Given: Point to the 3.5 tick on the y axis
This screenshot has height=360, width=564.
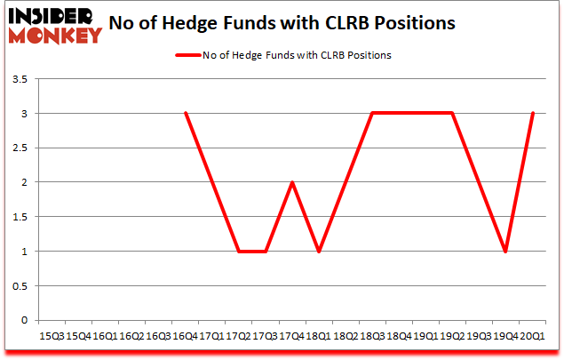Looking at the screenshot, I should click(x=20, y=80).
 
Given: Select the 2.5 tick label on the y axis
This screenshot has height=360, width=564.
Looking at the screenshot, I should click(x=20, y=148).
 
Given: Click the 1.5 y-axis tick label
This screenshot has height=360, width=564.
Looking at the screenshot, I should click(x=20, y=217).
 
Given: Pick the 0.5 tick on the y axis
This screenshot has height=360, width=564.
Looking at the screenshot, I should click(x=20, y=285).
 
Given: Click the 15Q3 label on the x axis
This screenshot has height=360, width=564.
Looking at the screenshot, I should click(x=52, y=335).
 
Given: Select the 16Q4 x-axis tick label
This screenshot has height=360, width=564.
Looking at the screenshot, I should click(x=185, y=335).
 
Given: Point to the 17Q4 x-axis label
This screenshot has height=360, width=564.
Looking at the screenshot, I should click(x=291, y=335).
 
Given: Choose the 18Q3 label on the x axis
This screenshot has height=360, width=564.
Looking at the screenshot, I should click(x=371, y=335).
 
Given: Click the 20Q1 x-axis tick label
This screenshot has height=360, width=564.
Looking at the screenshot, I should click(x=531, y=335).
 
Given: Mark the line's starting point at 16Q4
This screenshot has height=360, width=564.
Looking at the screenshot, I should click(x=185, y=114).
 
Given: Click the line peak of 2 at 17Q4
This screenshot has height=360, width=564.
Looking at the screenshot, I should click(x=291, y=182).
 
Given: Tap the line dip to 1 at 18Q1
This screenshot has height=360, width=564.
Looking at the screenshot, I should click(x=318, y=251).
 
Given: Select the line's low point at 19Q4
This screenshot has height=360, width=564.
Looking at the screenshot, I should click(x=504, y=251).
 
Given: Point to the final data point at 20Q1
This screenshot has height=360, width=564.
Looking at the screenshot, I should click(x=531, y=114).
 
